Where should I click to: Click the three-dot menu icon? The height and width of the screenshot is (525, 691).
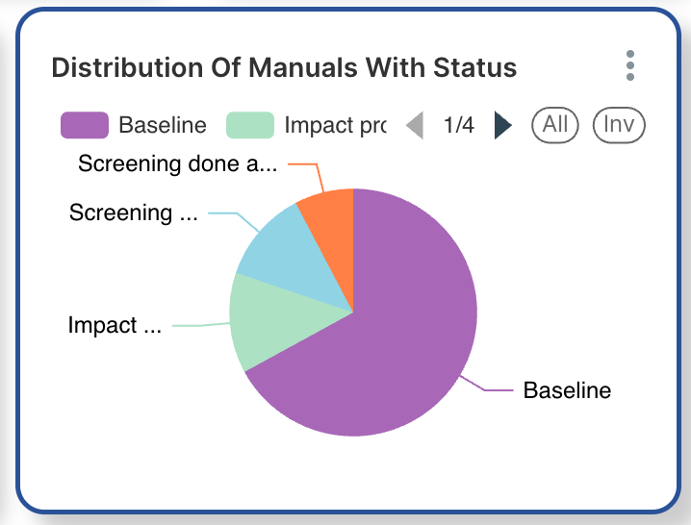630,65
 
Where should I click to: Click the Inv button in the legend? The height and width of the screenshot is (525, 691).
618,124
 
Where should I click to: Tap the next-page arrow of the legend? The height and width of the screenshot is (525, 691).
502,125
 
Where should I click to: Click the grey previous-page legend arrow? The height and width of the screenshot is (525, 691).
415,125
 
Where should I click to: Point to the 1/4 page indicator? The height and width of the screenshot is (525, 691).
458,125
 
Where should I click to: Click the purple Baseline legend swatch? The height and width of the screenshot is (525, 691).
84,125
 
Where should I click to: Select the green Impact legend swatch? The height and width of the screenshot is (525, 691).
250,125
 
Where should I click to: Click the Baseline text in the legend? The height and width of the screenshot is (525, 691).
163,125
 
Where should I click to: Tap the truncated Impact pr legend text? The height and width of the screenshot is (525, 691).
335,125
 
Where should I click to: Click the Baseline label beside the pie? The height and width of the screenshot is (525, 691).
567,390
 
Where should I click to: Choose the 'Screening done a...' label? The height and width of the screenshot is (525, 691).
177,163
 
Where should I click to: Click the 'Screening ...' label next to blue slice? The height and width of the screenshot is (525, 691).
134,212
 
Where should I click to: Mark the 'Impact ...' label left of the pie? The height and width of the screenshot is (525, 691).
115,326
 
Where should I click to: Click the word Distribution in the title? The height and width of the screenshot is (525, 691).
115,67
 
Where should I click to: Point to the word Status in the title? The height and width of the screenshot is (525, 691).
474,67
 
